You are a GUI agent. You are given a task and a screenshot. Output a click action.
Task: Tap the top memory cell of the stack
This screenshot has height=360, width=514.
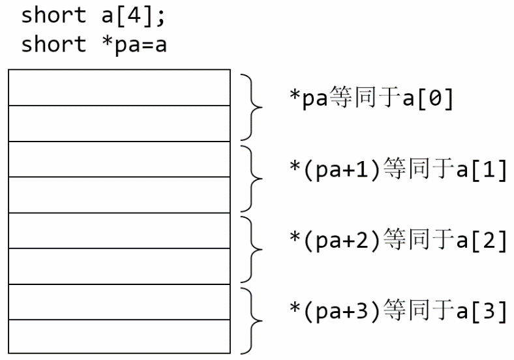[119, 87]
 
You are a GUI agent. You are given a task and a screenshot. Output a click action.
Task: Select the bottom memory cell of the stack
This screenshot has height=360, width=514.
[119, 336]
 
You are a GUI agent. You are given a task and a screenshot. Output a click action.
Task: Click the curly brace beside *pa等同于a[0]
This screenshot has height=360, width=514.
[250, 106]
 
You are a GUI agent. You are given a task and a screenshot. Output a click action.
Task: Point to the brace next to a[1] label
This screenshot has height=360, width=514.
[250, 177]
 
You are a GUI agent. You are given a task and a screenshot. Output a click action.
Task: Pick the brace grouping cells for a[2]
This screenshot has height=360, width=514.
[250, 248]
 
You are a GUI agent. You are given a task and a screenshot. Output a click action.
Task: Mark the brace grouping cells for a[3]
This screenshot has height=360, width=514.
[250, 320]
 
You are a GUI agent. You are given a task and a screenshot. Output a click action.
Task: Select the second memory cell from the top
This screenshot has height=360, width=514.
[119, 123]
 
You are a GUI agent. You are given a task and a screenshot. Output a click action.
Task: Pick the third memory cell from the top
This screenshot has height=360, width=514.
[119, 159]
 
